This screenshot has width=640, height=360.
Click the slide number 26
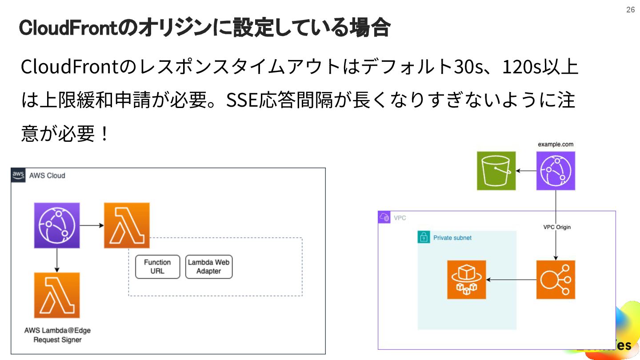coord(630,10)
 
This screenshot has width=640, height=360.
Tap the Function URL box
coord(157,267)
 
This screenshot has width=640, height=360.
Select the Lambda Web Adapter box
coord(208,267)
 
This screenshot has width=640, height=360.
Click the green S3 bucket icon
coord(496,171)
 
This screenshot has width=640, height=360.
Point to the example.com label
coord(555,144)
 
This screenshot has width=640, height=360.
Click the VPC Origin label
coord(557,227)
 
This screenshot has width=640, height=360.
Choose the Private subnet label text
coord(452,238)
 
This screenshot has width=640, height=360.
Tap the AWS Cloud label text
coord(47,176)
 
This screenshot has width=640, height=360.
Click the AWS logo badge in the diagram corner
coord(18,175)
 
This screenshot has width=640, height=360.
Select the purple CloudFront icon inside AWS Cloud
coord(57,225)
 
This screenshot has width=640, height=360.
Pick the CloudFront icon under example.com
coord(555,171)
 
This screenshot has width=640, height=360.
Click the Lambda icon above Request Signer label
coord(57,295)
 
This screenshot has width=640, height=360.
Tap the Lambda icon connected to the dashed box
coord(127,225)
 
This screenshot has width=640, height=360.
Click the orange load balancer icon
coord(555,280)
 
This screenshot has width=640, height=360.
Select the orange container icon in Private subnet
coord(466,280)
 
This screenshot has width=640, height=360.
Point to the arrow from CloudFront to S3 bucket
coord(526,171)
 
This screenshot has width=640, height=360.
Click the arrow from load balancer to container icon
coord(511,280)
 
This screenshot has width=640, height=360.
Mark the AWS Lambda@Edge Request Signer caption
coord(57,335)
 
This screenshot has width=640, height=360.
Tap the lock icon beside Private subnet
coord(424,237)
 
